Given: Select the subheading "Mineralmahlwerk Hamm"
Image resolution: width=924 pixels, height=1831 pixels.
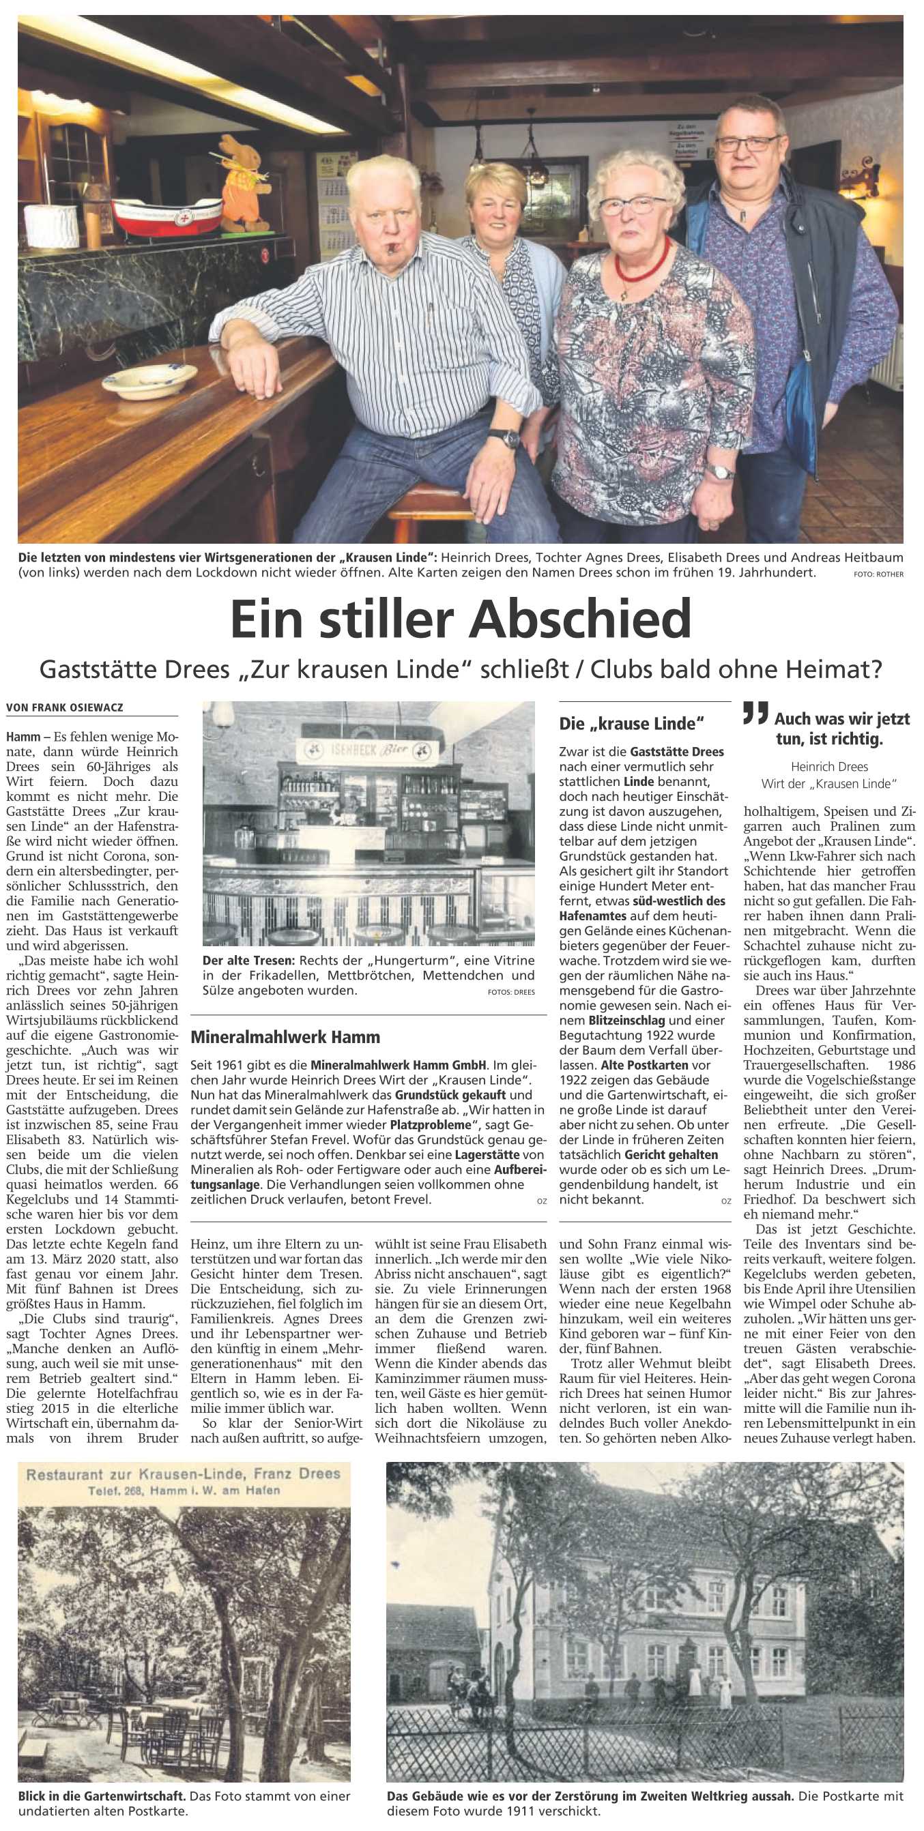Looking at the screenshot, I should pyautogui.click(x=286, y=1037).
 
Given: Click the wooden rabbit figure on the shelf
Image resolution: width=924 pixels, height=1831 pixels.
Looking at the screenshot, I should pyautogui.click(x=240, y=184).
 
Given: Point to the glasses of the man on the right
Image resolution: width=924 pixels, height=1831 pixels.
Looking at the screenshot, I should pyautogui.click(x=747, y=143).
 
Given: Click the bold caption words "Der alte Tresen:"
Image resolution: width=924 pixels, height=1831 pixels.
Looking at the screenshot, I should pyautogui.click(x=245, y=961).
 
